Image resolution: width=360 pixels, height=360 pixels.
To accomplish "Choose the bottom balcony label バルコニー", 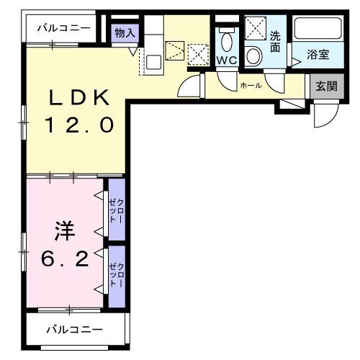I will pos(75,330).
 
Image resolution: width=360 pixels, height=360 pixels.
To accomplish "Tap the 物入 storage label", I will pos(125,32).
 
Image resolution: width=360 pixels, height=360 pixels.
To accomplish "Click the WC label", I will pos(227,60).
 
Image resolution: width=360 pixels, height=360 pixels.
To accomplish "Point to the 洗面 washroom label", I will pos(275,42).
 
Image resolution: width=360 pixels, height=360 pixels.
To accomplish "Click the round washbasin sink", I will pos(254,55).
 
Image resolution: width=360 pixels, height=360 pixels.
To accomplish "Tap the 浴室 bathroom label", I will pos(318,54).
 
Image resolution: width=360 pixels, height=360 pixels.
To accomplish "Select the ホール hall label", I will pos(251,86).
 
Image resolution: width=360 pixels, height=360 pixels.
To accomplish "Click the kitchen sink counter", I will pos(153,52).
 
